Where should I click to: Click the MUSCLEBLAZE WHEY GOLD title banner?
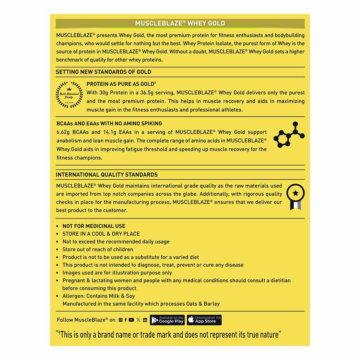180,23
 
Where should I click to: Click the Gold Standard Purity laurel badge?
69,95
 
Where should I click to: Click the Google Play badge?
167,320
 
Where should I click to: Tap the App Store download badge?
204,320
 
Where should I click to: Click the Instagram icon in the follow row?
121,320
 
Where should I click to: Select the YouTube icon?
131,320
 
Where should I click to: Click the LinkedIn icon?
145,320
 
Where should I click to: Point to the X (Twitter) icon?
139,320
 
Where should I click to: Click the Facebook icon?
126,320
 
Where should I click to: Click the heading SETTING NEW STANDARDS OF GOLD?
103,72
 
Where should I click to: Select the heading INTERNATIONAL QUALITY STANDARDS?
107,175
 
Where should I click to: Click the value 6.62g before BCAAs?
63,132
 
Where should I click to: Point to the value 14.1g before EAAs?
109,132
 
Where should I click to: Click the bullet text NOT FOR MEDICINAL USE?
94,226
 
